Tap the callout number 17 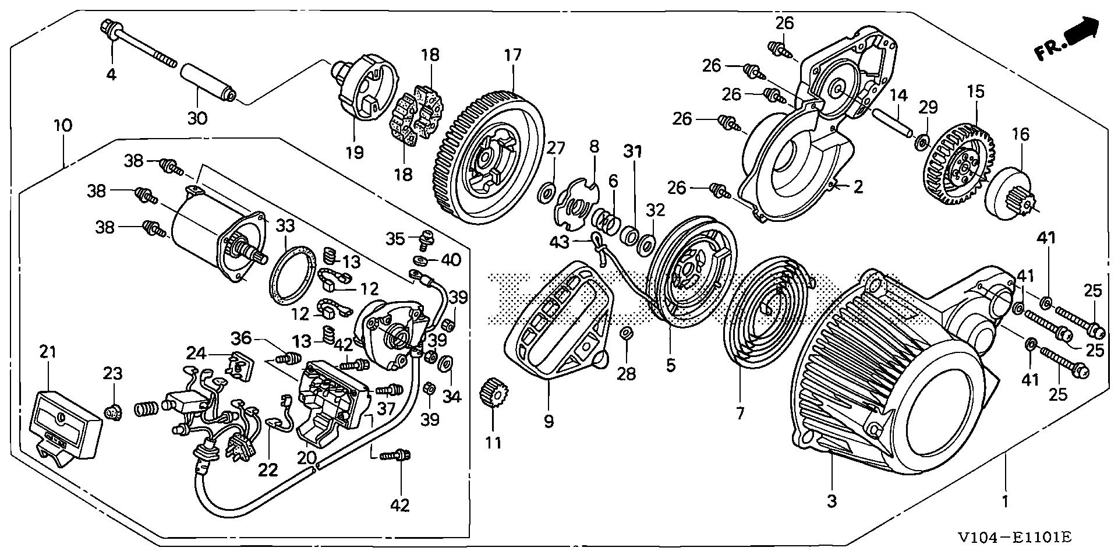[x=513, y=56]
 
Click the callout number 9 [x=549, y=421]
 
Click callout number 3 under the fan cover [x=832, y=500]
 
